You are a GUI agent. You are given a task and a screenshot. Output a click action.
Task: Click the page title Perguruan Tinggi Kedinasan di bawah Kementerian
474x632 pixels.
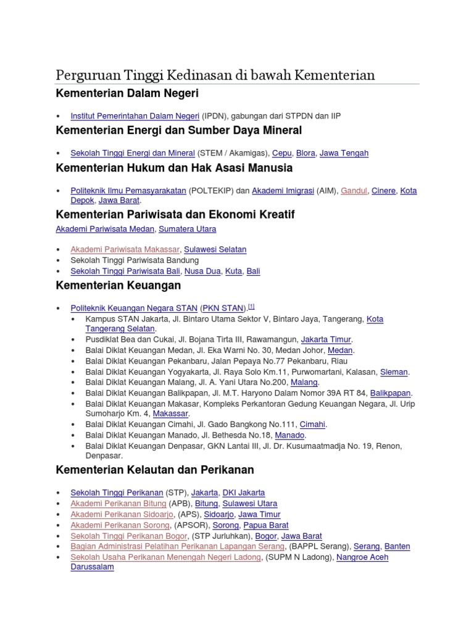[215, 75]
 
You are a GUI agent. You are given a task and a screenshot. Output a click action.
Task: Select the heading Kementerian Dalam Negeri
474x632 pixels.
[127, 94]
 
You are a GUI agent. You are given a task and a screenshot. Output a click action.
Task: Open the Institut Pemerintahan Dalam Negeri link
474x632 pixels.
[135, 116]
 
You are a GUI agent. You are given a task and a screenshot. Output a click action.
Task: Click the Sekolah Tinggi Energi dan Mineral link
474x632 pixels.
[133, 152]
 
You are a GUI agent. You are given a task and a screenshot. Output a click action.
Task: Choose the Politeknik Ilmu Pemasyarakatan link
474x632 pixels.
[128, 191]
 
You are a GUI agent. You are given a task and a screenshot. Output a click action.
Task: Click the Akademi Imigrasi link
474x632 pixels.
[283, 191]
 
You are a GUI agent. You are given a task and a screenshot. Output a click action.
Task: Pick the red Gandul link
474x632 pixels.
[354, 191]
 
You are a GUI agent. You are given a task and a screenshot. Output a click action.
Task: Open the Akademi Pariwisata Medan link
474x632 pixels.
[105, 229]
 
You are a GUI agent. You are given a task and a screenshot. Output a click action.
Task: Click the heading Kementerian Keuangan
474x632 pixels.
[118, 285]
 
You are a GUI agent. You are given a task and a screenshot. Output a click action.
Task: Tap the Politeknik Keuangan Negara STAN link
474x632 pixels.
[134, 308]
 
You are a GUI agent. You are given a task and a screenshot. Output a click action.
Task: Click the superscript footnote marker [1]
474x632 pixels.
[252, 306]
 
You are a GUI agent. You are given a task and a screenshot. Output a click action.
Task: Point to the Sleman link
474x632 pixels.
[394, 372]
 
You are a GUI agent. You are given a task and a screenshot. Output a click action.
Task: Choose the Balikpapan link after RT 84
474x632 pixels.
[390, 393]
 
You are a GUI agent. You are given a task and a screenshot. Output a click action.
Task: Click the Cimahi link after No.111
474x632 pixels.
[312, 425]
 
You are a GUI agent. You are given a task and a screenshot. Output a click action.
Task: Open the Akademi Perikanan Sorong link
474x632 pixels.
[120, 525]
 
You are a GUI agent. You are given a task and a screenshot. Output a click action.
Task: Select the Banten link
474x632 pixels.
[397, 546]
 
